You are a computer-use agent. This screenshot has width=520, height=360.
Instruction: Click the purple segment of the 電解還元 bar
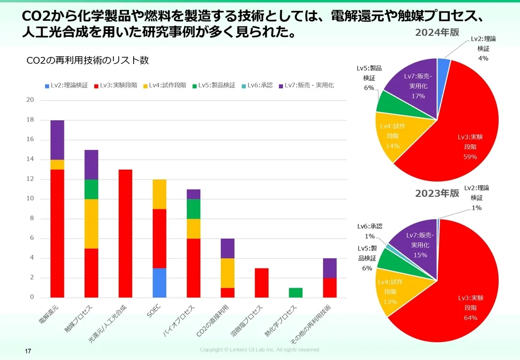pos(57,139)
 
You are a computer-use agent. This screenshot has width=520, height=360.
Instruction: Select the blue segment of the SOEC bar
pos(159,282)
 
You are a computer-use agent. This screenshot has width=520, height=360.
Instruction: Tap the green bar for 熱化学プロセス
pos(295,292)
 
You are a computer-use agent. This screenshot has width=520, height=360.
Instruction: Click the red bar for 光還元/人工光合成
pos(125,233)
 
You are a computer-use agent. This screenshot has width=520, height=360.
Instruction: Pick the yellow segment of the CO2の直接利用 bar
pos(227,273)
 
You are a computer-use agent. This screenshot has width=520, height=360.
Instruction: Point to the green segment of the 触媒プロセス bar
pos(91,189)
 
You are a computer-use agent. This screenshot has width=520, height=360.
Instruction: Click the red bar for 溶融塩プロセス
pos(262,282)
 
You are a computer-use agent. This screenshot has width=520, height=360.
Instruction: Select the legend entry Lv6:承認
pos(257,85)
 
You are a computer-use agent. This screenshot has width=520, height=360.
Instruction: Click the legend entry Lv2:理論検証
pos(66,85)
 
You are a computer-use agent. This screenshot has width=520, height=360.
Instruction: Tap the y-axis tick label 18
pos(30,120)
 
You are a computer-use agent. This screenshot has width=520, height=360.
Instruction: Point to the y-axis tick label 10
pos(30,199)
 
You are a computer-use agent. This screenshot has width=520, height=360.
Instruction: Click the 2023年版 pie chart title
pos(437,193)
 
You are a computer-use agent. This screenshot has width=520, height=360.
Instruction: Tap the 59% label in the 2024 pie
pos(467,157)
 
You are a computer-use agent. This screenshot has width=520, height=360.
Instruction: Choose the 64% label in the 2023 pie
pos(467,317)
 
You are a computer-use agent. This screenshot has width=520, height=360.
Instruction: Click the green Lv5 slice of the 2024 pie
pos(387,102)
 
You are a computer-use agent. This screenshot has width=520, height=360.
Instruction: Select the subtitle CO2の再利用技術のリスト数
pos(87,60)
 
